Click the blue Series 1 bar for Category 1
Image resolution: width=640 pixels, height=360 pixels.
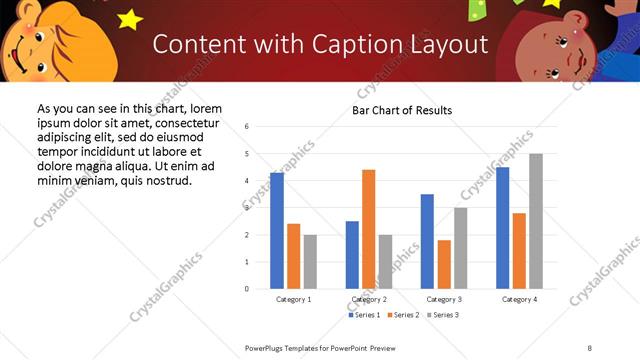[277, 231]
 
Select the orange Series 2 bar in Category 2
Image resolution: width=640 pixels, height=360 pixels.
[369, 229]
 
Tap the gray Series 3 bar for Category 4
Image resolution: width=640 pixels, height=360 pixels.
[536, 221]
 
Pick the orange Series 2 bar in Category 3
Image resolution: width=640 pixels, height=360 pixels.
[444, 264]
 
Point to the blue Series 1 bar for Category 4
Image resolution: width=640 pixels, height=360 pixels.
[502, 228]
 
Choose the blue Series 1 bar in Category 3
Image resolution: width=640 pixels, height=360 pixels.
[427, 241]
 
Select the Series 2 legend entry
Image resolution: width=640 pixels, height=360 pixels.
[402, 315]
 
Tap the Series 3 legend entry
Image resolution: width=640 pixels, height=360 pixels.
[443, 315]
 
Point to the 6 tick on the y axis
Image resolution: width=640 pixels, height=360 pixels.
[246, 127]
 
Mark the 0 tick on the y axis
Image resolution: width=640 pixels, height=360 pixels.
[246, 289]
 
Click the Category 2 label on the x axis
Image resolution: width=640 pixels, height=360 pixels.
[369, 300]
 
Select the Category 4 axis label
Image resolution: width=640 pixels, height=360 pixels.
[519, 300]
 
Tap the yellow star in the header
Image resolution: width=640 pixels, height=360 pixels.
[130, 18]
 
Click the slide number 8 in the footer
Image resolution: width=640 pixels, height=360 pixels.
[590, 348]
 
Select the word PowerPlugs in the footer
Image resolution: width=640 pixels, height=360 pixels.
[265, 348]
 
